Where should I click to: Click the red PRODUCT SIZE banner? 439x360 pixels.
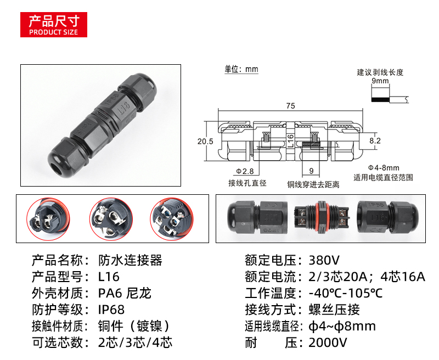click(54, 25)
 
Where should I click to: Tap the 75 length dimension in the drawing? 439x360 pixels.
click(291, 106)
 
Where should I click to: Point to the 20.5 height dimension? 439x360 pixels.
click(205, 142)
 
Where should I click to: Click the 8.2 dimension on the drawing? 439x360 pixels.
click(375, 140)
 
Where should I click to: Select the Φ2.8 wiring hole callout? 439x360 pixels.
click(245, 171)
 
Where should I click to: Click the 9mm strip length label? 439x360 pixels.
click(380, 81)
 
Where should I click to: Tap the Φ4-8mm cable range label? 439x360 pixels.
click(384, 168)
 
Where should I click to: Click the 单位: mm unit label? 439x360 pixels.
click(241, 69)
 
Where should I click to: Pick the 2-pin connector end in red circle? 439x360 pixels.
click(48, 219)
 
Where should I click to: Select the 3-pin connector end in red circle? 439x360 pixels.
click(111, 219)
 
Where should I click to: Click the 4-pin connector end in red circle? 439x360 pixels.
click(172, 219)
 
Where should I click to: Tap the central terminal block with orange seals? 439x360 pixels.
click(322, 218)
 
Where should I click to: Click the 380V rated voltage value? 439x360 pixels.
click(324, 260)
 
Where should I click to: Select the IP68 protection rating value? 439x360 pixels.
click(111, 310)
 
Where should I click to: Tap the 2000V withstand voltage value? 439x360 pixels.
click(328, 342)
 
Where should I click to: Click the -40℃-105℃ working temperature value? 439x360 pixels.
click(346, 294)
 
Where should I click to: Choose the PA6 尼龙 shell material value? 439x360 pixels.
click(125, 294)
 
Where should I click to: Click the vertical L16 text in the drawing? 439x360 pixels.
click(291, 141)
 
